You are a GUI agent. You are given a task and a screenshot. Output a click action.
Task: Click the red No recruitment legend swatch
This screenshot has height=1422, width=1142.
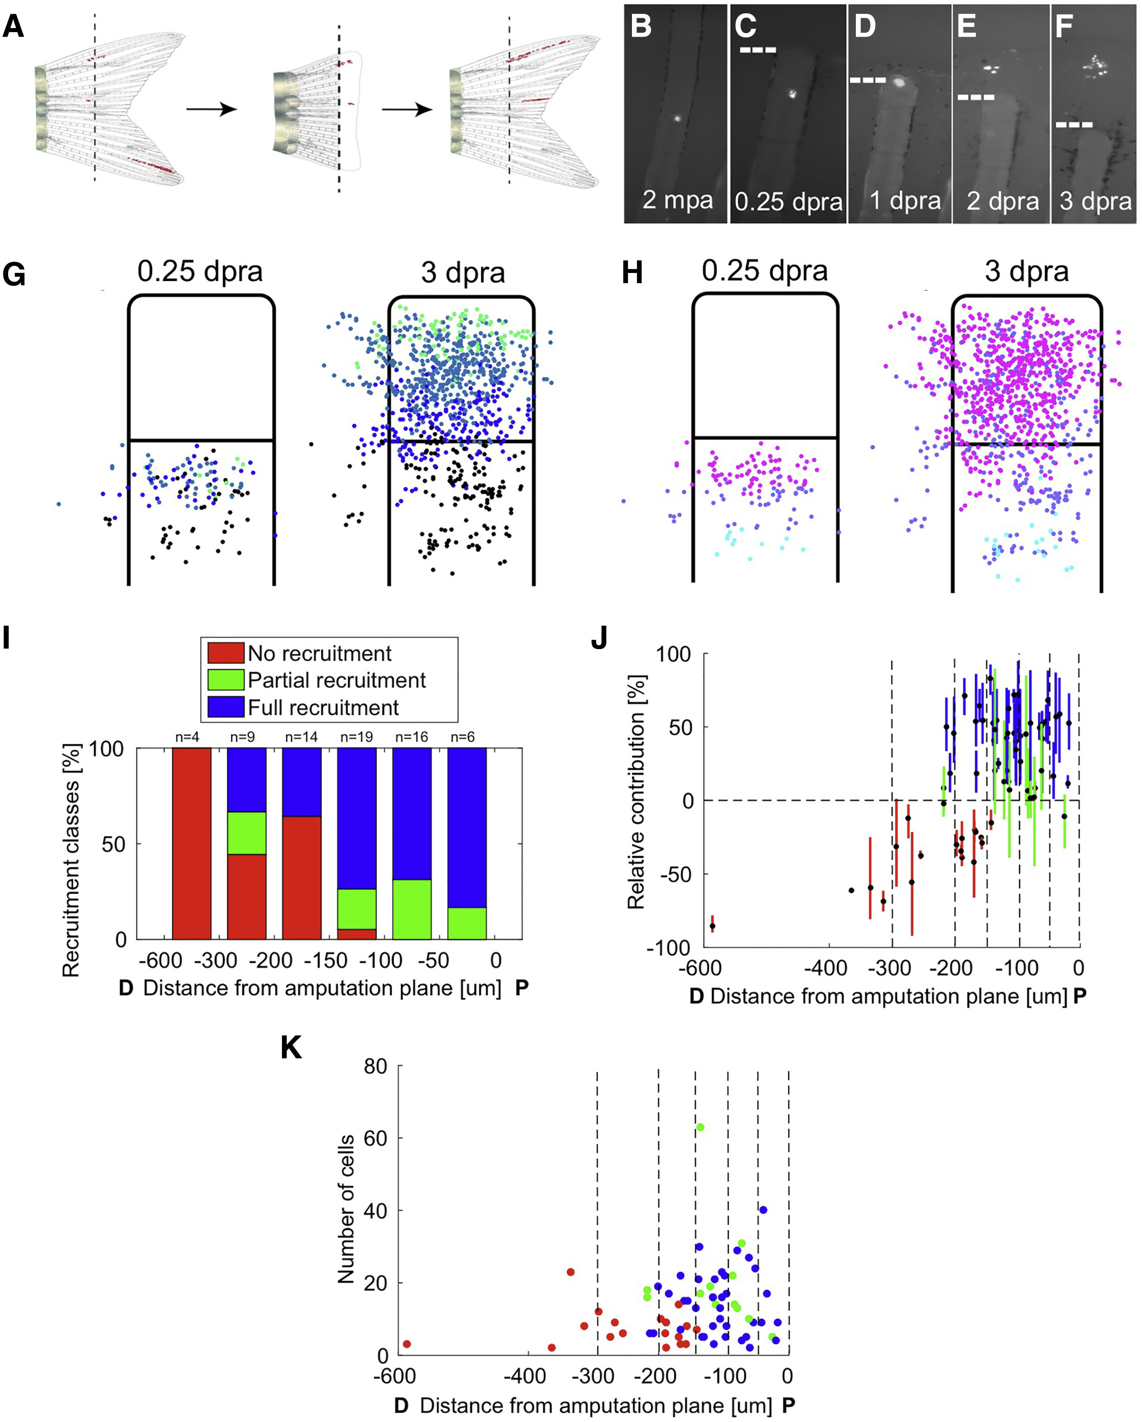coord(225,653)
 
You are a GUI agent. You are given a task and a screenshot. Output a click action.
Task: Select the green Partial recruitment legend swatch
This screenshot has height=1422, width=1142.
coord(225,680)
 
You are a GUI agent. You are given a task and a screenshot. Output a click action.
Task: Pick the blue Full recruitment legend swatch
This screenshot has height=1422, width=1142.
coord(225,707)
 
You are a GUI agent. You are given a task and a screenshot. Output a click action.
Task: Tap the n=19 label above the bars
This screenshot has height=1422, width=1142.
coord(356,737)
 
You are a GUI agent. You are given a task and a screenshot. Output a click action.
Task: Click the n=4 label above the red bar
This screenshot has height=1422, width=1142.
coord(187,737)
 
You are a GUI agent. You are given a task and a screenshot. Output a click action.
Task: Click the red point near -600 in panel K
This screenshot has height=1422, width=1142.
coord(407,1344)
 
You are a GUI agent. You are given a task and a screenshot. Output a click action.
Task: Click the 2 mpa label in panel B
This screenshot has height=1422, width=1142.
coord(677,200)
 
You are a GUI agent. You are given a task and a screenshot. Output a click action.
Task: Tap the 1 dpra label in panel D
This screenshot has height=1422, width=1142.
coord(905,200)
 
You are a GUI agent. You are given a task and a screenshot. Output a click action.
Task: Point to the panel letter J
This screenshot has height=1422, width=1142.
coord(599,638)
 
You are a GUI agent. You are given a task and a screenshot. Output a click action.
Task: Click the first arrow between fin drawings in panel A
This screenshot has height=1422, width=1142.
coord(211,108)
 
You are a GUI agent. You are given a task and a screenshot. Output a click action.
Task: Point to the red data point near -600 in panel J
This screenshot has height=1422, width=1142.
coord(712,926)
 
